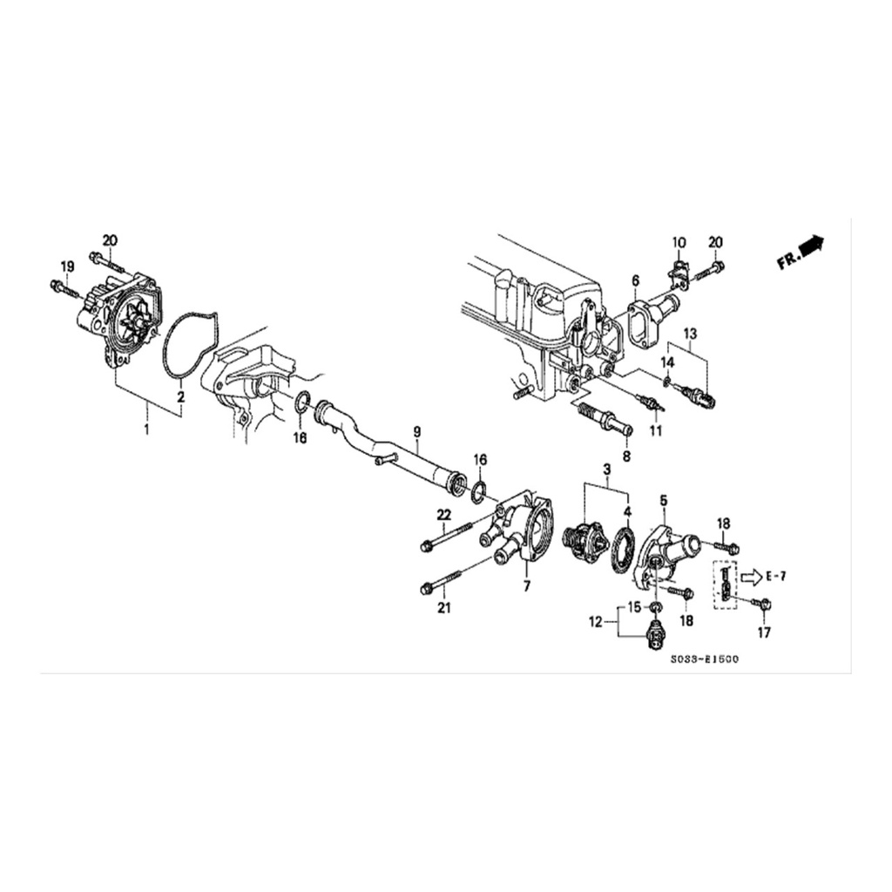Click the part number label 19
point(67,266)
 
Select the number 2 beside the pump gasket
point(180,396)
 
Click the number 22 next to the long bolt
point(443,515)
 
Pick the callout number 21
point(443,608)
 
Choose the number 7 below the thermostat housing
point(527,585)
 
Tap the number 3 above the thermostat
point(607,470)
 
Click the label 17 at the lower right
point(764,632)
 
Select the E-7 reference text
point(775,577)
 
